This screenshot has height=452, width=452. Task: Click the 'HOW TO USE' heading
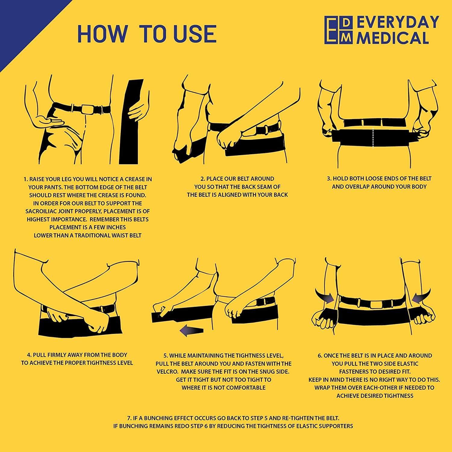tap(147, 33)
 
